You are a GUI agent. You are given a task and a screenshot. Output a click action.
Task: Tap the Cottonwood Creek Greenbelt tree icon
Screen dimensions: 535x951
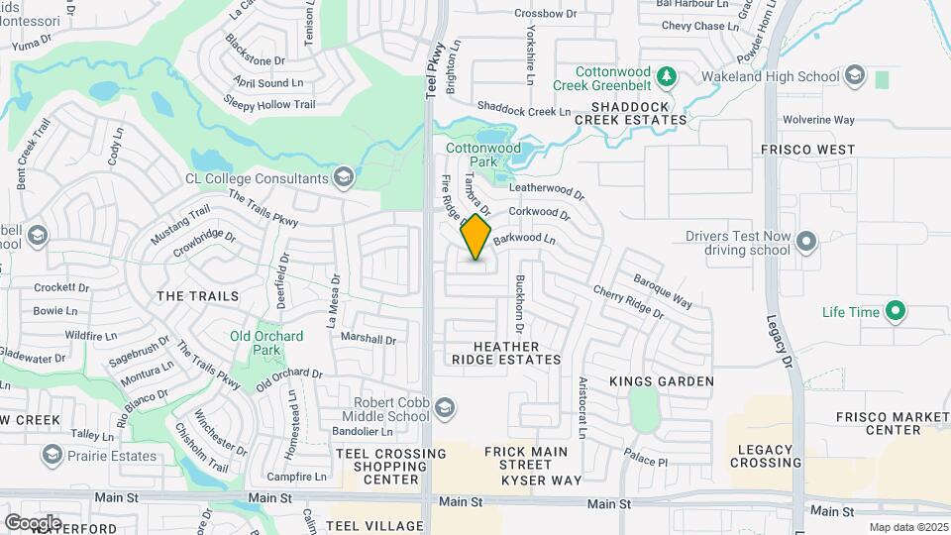667,75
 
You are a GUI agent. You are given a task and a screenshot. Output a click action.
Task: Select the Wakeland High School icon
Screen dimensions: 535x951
854,75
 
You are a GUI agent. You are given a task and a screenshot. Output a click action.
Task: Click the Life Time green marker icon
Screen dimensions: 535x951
896,312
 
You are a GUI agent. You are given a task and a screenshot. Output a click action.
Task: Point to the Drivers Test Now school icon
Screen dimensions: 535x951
805,242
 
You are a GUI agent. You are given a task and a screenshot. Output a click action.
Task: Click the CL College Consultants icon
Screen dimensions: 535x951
343,178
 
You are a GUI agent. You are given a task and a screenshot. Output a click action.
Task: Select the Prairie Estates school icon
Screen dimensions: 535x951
52,456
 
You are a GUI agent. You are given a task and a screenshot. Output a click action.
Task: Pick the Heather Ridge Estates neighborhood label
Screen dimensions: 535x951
506,353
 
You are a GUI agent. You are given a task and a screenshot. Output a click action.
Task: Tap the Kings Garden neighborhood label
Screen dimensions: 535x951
662,380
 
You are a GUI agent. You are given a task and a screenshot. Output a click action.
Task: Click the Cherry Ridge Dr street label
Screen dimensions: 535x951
628,302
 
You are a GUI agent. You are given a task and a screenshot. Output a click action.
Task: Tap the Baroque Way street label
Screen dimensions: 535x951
662,290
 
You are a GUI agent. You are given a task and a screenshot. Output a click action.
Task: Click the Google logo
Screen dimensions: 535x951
33,522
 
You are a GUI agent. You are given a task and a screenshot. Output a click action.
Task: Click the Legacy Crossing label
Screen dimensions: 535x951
767,456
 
